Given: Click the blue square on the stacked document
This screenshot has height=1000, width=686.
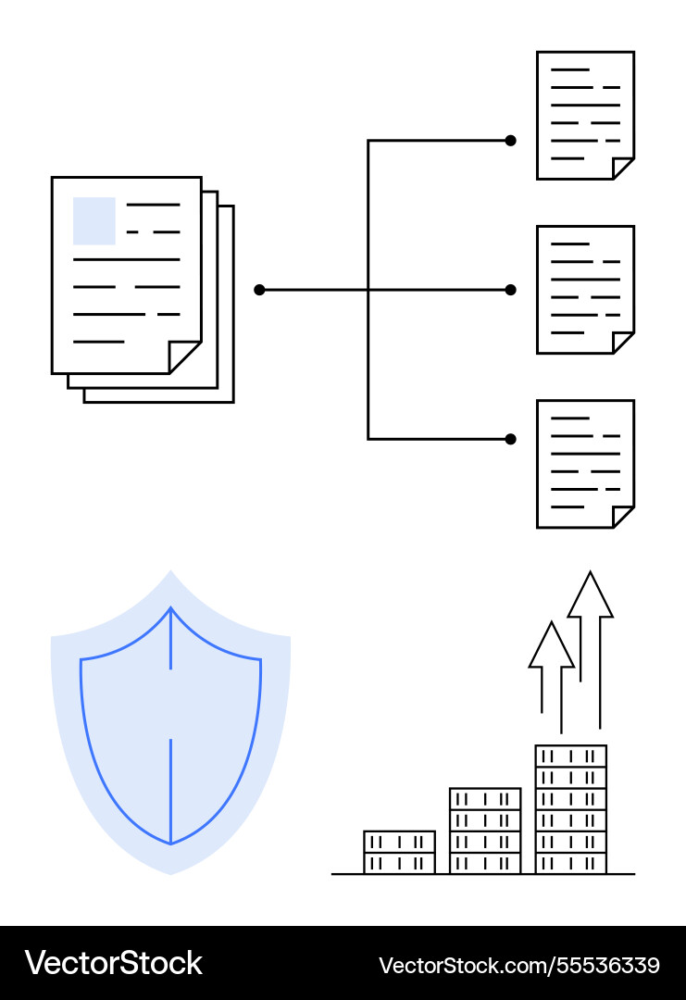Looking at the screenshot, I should click(x=94, y=220).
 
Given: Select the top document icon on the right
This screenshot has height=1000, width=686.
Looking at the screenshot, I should click(x=585, y=115).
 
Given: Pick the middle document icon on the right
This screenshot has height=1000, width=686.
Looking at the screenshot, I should click(x=585, y=289).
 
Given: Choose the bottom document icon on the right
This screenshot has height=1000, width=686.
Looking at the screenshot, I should click(x=585, y=463).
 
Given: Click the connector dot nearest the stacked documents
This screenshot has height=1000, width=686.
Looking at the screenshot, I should click(x=259, y=290).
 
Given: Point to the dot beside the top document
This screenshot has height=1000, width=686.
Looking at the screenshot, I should click(x=510, y=141).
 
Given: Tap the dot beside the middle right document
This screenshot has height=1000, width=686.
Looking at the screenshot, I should click(x=510, y=290).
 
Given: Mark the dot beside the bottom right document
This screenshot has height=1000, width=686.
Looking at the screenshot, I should click(x=510, y=439).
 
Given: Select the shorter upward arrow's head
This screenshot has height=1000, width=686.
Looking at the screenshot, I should click(x=552, y=645).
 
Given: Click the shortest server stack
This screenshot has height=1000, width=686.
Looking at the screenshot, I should click(x=399, y=852).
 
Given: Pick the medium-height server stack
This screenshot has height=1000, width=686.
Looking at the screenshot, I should click(x=485, y=831).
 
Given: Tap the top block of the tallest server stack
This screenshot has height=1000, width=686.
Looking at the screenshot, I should click(x=571, y=756).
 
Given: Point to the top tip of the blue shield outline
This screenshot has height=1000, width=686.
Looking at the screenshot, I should click(x=170, y=608).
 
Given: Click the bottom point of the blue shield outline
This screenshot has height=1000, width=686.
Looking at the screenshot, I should click(x=170, y=844).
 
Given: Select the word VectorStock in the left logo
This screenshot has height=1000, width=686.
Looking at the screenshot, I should click(x=113, y=963).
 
